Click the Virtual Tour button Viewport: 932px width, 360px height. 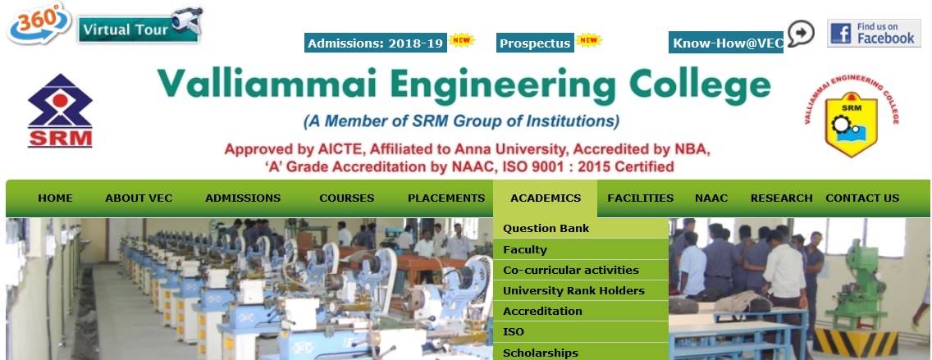(140, 27)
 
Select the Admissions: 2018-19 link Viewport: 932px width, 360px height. (376, 43)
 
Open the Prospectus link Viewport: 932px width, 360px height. (535, 43)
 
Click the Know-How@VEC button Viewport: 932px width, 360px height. (726, 43)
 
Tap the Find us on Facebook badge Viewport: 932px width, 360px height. (874, 33)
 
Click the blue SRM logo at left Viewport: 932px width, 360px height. (60, 111)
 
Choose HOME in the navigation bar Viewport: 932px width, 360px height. (55, 198)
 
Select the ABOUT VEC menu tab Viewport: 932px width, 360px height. (139, 198)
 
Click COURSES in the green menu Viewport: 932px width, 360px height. (346, 198)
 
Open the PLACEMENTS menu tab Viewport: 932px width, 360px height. (446, 198)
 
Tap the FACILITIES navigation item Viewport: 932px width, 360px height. (640, 198)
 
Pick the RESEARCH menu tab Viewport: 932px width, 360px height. (781, 198)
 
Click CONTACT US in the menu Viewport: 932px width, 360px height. (862, 198)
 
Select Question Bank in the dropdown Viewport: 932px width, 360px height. (546, 228)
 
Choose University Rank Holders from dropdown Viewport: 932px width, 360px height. (573, 290)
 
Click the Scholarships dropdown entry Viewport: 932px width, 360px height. (541, 353)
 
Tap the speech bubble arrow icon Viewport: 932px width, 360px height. (801, 34)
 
